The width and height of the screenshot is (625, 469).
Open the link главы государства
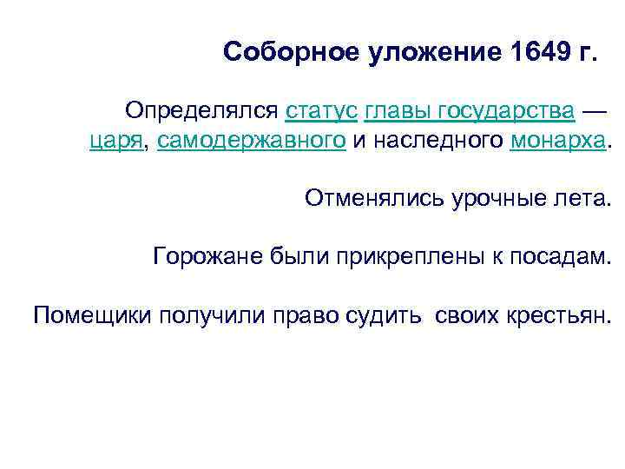470,111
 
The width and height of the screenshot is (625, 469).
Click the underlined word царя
116,142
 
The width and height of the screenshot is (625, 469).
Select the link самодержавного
252,141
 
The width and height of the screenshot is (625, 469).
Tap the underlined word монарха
556,141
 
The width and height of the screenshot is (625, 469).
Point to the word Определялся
201,111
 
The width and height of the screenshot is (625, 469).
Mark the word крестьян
567,314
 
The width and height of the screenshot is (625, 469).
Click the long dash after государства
594,111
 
